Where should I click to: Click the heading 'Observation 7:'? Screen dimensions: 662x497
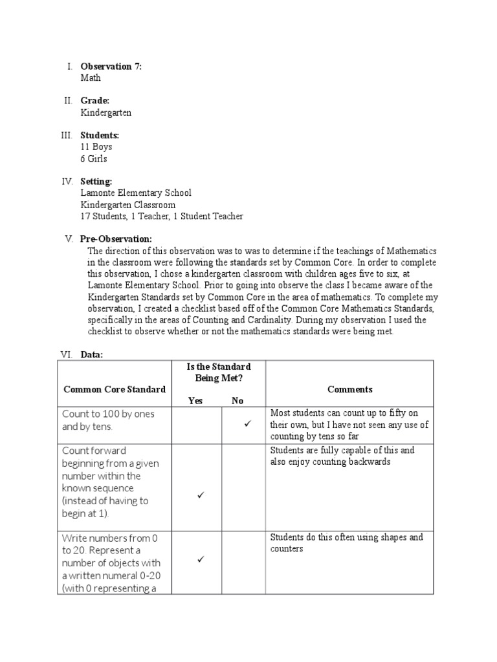pyautogui.click(x=111, y=66)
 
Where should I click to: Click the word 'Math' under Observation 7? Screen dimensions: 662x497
pyautogui.click(x=91, y=78)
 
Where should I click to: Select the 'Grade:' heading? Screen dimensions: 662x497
pyautogui.click(x=95, y=101)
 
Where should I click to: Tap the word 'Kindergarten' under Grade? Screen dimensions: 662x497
pyautogui.click(x=105, y=112)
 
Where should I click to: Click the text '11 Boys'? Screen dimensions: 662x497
pyautogui.click(x=96, y=147)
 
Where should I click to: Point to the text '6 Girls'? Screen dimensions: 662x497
pyautogui.click(x=94, y=158)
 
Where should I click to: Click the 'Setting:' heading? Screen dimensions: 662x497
pyautogui.click(x=96, y=182)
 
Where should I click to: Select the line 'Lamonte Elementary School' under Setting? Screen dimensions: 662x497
pyautogui.click(x=136, y=193)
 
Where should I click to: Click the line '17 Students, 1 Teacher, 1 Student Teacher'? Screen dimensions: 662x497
pyautogui.click(x=162, y=217)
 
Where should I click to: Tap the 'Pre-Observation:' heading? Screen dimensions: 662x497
pyautogui.click(x=116, y=239)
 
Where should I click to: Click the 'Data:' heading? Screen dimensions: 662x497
pyautogui.click(x=92, y=355)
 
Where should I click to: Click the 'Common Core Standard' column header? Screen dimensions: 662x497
pyautogui.click(x=114, y=389)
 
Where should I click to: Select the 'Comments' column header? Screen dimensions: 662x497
pyautogui.click(x=349, y=389)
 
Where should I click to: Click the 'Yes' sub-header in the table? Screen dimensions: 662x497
pyautogui.click(x=195, y=401)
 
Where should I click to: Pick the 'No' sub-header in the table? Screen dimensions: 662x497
pyautogui.click(x=237, y=401)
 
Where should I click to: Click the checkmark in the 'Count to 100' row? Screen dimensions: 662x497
pyautogui.click(x=247, y=423)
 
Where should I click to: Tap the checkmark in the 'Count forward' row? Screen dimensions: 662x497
pyautogui.click(x=201, y=495)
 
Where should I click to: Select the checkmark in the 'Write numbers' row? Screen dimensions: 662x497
pyautogui.click(x=201, y=559)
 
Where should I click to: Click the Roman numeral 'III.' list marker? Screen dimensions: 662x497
pyautogui.click(x=67, y=135)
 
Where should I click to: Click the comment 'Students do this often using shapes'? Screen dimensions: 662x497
pyautogui.click(x=346, y=537)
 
